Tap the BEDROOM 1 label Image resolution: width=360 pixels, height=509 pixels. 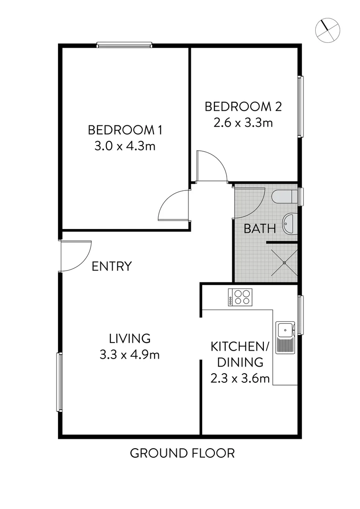(122, 130)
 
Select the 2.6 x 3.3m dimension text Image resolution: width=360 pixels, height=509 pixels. (243, 123)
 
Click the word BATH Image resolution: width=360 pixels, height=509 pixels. (260, 229)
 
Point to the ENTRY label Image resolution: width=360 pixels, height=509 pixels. (111, 266)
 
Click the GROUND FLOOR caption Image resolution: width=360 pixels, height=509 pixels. (182, 453)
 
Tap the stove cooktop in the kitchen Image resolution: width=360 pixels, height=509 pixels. (240, 297)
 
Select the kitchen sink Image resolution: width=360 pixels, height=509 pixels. (286, 337)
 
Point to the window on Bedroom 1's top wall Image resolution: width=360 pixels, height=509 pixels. (124, 45)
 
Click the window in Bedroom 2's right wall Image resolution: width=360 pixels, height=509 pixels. (300, 107)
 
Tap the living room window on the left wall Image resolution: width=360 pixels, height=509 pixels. (60, 382)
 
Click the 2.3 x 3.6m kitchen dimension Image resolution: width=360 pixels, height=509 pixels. (240, 378)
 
